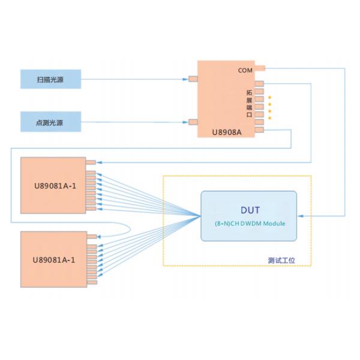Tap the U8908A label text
click(x=227, y=131)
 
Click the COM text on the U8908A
click(x=245, y=70)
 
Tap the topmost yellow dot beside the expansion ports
click(x=269, y=97)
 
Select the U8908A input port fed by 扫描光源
click(x=193, y=79)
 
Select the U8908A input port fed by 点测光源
click(x=193, y=122)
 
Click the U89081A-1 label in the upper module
click(x=55, y=185)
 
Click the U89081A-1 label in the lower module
click(x=55, y=259)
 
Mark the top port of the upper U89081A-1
click(x=91, y=162)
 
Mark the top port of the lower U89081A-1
click(x=91, y=235)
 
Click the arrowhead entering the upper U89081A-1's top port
click(x=99, y=162)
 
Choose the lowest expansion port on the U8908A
click(x=259, y=129)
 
